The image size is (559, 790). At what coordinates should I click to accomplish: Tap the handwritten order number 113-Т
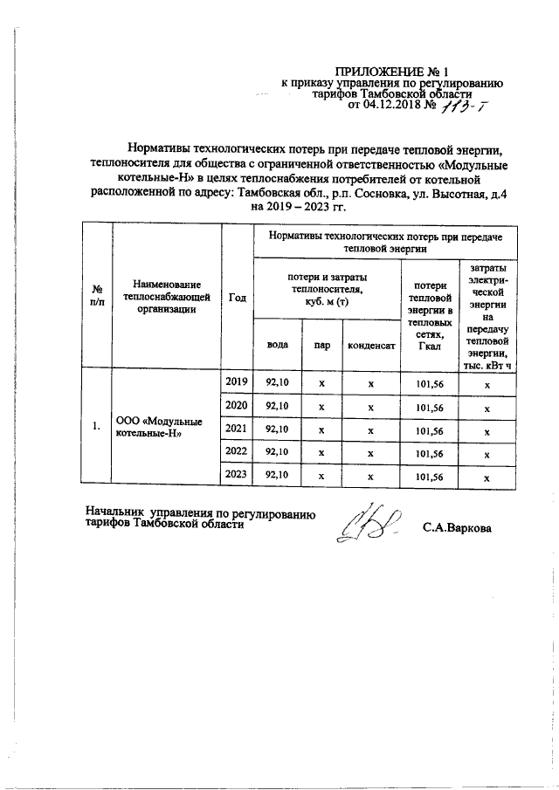click(x=468, y=106)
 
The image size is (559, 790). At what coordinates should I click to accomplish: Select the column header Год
click(x=237, y=297)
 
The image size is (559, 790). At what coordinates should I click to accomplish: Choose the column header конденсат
click(x=371, y=345)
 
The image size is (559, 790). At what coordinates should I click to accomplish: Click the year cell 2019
click(x=237, y=382)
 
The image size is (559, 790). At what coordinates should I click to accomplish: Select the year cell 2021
click(x=237, y=429)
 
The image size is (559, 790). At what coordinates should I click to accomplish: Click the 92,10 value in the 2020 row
click(x=278, y=407)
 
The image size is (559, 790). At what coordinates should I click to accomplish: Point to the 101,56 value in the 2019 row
click(x=428, y=383)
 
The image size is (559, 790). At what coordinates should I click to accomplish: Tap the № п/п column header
click(x=97, y=297)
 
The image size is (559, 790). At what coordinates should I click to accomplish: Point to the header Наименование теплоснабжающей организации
click(x=167, y=297)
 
